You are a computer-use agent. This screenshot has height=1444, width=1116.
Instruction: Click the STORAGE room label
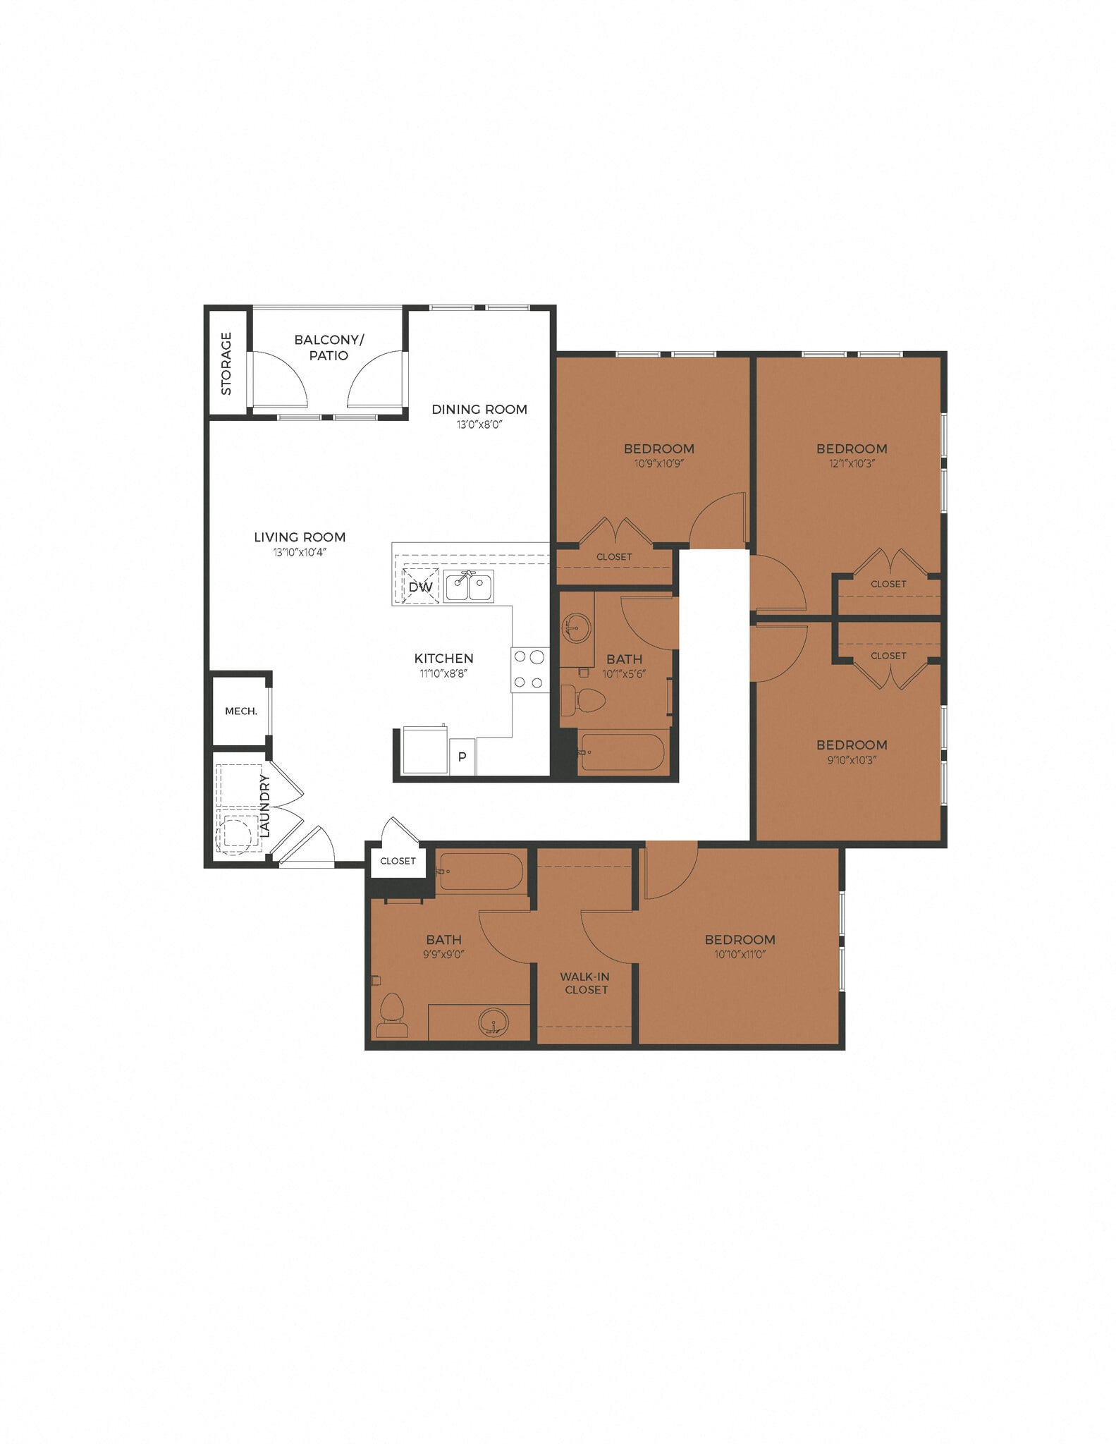[226, 363]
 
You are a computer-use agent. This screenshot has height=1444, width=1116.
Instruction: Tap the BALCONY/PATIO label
[329, 348]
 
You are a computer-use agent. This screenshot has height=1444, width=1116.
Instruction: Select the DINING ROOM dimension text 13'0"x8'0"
[479, 424]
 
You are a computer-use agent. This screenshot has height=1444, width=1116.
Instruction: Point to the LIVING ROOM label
[300, 537]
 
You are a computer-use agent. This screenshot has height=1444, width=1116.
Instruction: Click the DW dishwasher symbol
[420, 587]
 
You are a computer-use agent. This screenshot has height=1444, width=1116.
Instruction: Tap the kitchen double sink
[469, 587]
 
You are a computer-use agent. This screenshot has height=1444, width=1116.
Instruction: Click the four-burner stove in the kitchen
[529, 669]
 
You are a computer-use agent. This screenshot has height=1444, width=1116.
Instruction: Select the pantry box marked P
[462, 757]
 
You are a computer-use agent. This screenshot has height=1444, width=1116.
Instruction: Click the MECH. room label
[241, 711]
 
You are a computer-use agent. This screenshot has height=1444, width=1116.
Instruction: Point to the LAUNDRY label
[265, 806]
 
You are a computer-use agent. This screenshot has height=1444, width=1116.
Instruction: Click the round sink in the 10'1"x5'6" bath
[577, 626]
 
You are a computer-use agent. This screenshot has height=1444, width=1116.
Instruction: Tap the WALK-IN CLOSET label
[585, 983]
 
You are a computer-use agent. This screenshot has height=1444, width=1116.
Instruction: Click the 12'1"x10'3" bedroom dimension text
[852, 463]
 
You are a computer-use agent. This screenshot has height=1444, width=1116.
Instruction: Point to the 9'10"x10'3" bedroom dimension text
[852, 760]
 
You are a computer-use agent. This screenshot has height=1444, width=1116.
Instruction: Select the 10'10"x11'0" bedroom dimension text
[740, 955]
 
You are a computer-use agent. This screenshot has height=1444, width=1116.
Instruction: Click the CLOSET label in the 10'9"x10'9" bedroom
[614, 557]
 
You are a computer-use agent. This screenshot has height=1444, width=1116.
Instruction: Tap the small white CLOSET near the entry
[398, 861]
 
